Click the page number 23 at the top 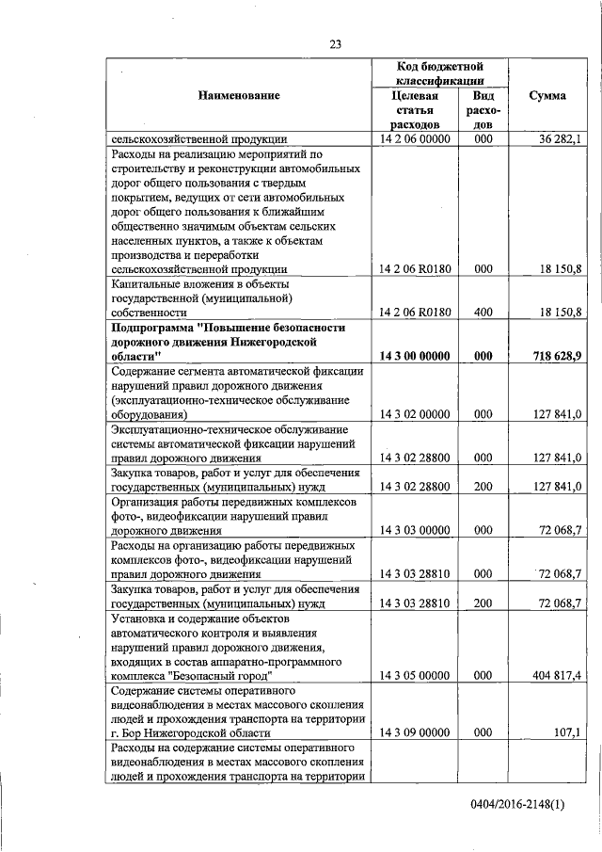[x=336, y=42]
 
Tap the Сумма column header [x=547, y=96]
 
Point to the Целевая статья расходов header [x=414, y=110]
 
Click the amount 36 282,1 [x=561, y=139]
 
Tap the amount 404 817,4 [x=557, y=675]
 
